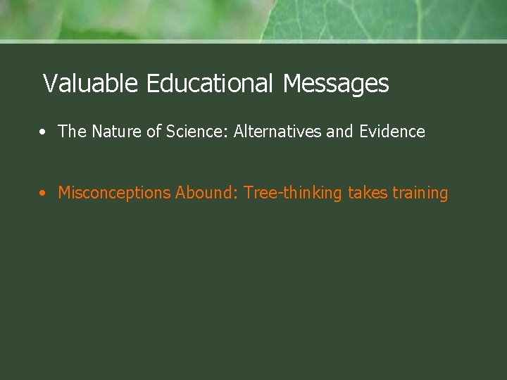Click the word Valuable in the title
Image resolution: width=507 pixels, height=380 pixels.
90,84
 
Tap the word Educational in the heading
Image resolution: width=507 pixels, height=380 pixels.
209,84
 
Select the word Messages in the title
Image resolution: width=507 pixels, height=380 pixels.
336,84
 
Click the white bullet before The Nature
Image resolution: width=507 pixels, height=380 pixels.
44,132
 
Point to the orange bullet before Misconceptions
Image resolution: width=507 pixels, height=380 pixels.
44,193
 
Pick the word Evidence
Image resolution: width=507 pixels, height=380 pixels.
392,132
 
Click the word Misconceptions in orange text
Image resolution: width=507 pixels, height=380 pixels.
114,193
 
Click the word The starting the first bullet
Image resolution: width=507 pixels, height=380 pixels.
72,132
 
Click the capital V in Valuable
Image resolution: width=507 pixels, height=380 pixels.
49,84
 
